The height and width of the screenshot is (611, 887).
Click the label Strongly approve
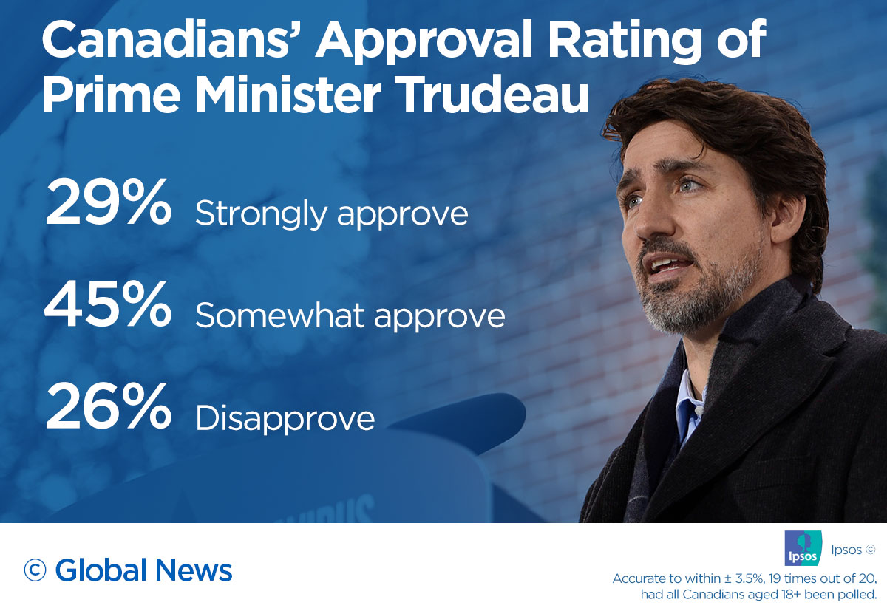point(331,214)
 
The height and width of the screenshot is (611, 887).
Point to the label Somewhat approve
point(350,317)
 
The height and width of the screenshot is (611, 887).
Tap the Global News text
point(143,570)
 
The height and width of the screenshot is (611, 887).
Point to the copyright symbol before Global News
point(36,570)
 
